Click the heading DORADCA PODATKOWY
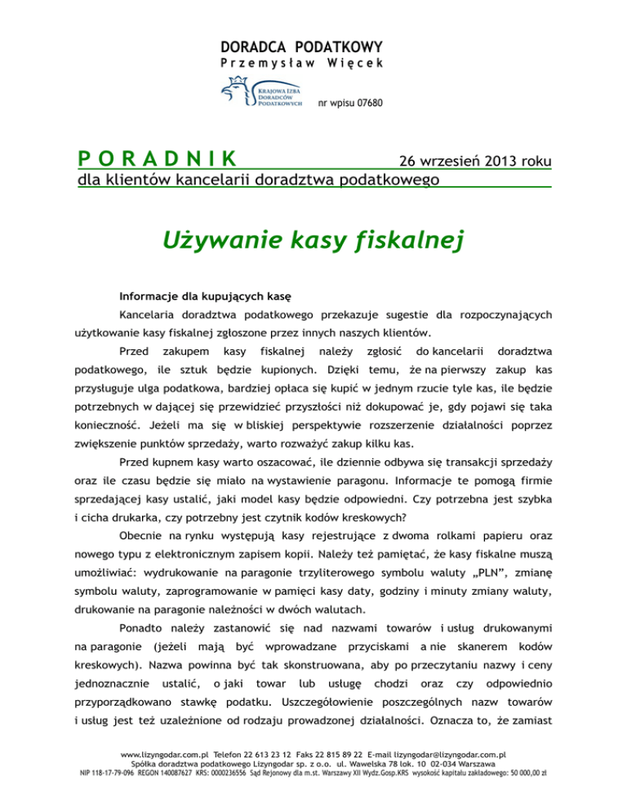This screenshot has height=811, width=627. [x=313, y=47]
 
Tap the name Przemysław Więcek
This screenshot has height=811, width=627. [x=313, y=64]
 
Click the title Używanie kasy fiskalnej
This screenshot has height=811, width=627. [x=313, y=241]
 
